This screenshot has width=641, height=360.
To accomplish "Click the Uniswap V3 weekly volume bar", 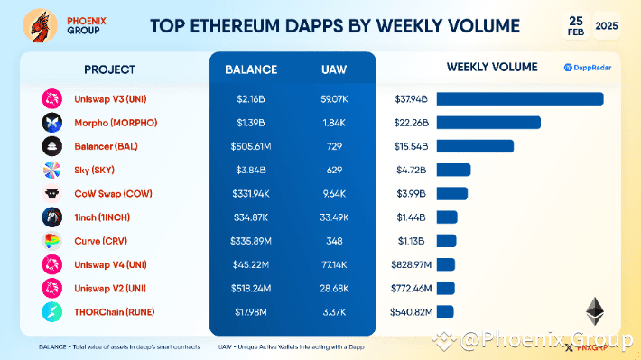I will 520,99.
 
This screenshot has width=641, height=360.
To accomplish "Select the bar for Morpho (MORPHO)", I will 488,123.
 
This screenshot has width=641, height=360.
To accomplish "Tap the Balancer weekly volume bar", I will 475,146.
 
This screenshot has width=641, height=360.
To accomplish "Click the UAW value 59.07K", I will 335,99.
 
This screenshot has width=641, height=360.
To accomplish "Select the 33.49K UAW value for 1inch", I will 335,217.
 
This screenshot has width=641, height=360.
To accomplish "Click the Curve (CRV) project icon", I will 51,241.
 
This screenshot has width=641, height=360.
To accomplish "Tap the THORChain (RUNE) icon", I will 51,312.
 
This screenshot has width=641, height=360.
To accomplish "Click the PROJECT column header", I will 109,69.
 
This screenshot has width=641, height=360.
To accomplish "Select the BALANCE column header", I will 252,69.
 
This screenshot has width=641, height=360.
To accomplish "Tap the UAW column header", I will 335,69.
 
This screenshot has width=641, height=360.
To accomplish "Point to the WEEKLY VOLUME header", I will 492,68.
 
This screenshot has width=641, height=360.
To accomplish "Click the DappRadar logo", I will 588,68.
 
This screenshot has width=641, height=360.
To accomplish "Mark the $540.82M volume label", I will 413,312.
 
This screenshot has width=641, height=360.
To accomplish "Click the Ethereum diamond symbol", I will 595,312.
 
